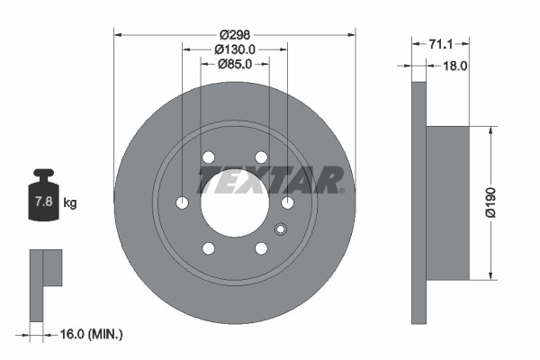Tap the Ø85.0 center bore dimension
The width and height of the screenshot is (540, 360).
tap(235, 64)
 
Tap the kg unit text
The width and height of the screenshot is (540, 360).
tap(70, 202)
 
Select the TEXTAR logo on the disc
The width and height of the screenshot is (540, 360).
tap(271, 180)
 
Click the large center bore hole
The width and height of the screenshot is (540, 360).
tap(234, 202)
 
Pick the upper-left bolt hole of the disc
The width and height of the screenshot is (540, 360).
tap(208, 157)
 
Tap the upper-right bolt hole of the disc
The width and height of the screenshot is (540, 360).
tap(261, 157)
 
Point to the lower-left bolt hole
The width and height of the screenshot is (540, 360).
tap(208, 248)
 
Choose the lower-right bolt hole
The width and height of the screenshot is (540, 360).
tap(261, 248)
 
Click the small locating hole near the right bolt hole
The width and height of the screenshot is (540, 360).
tap(282, 226)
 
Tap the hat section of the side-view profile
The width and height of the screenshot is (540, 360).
tap(447, 202)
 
